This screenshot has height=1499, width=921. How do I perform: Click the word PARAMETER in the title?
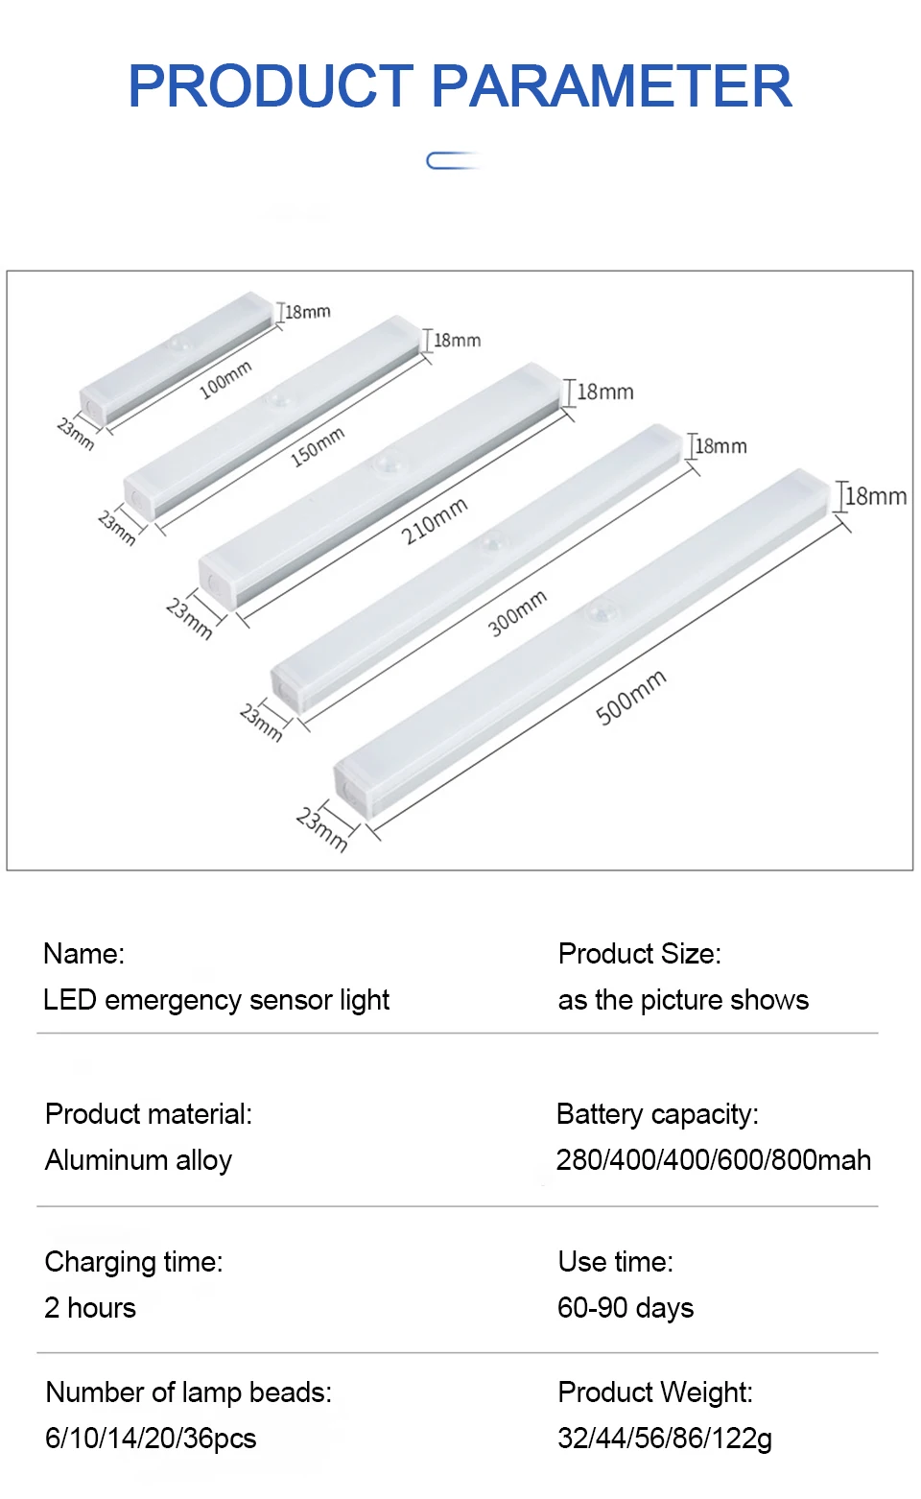[612, 86]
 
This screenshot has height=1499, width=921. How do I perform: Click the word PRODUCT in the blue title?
[271, 86]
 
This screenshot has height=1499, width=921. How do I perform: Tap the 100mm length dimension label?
[225, 380]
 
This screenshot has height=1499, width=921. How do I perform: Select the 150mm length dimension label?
[318, 447]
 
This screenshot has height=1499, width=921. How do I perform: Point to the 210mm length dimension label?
[435, 520]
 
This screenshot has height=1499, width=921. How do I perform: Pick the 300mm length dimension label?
[517, 613]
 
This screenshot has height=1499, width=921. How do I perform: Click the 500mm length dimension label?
[630, 698]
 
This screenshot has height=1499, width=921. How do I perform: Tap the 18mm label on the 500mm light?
[875, 496]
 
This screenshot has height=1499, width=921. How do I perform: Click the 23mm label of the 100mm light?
[76, 433]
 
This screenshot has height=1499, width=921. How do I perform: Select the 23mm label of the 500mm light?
[321, 829]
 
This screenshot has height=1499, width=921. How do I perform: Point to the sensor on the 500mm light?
[602, 609]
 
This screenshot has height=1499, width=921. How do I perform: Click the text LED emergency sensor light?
[216, 1000]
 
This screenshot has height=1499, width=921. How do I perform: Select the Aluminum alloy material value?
[138, 1160]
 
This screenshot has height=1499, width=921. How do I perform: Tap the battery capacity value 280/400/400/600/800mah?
[713, 1160]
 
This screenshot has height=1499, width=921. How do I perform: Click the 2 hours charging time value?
[90, 1308]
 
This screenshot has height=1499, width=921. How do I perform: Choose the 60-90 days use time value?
[626, 1308]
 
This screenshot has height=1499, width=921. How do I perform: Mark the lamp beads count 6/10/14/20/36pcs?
[151, 1439]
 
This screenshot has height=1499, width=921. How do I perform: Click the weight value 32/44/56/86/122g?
[664, 1439]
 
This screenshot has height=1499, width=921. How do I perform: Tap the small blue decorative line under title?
[452, 160]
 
